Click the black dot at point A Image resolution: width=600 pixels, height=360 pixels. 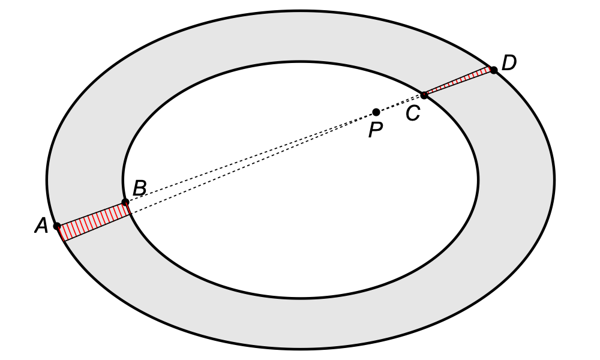point(57,226)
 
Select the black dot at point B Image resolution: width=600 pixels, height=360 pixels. point(125,202)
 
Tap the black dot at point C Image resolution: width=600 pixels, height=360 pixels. point(424,95)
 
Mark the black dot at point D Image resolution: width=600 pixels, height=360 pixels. point(493,70)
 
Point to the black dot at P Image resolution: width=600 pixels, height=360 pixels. point(376,112)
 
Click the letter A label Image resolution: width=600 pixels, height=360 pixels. point(41,226)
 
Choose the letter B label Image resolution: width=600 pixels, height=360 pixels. point(139,188)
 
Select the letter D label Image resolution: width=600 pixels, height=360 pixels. point(509,63)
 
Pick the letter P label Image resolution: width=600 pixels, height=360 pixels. point(376,130)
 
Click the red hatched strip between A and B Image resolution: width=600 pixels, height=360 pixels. point(95,221)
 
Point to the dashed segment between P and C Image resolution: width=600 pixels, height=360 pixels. point(400,103)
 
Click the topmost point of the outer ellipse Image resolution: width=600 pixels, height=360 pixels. point(301,10)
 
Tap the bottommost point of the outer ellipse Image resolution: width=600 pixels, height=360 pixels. point(301,349)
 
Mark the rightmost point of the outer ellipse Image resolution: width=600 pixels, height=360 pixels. point(554,179)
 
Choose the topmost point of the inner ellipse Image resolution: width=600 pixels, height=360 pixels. point(301,61)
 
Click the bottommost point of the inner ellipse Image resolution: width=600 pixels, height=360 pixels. point(301,298)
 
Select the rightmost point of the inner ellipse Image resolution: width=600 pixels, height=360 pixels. point(478,179)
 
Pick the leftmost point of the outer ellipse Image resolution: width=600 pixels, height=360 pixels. point(47,179)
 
